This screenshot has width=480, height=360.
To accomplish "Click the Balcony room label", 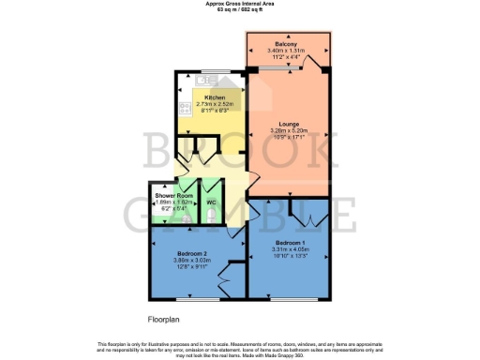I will [x=287, y=44].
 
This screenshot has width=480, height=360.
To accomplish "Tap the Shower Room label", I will [x=172, y=195].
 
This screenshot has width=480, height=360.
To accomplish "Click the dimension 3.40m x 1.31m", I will [x=287, y=51].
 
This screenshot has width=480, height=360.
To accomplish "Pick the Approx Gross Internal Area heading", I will [x=239, y=4].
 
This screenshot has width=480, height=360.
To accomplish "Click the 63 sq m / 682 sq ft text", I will [x=239, y=10].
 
